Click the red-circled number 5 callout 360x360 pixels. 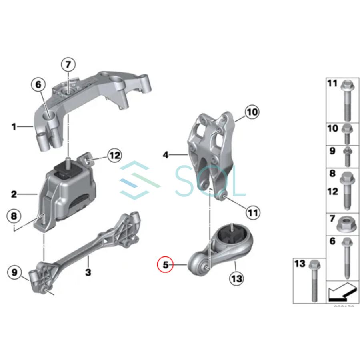(x=166, y=264)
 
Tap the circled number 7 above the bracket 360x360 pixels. (x=68, y=64)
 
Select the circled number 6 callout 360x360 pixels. (x=38, y=84)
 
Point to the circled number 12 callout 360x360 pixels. (x=114, y=156)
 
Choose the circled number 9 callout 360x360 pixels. (x=15, y=273)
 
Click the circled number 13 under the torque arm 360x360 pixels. (x=237, y=278)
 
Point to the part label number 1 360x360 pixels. (x=14, y=127)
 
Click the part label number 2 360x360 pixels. (x=14, y=195)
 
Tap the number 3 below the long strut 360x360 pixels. (x=88, y=273)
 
